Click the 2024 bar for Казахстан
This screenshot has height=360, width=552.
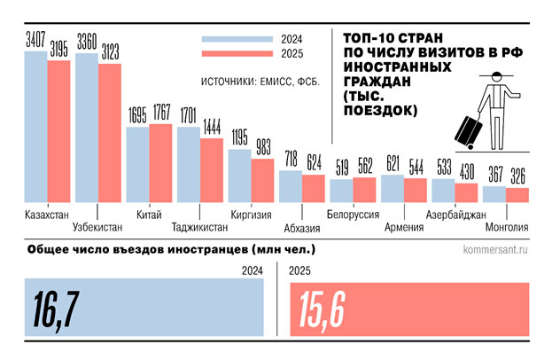click(x=35, y=129)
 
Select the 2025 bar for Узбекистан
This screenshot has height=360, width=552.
click(x=110, y=134)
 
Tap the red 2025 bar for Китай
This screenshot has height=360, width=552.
click(x=160, y=164)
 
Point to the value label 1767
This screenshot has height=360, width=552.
click(x=161, y=113)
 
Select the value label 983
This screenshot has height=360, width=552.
click(x=263, y=149)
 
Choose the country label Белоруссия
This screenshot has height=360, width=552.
click(x=354, y=214)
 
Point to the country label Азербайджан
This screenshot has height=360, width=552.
click(x=456, y=214)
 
